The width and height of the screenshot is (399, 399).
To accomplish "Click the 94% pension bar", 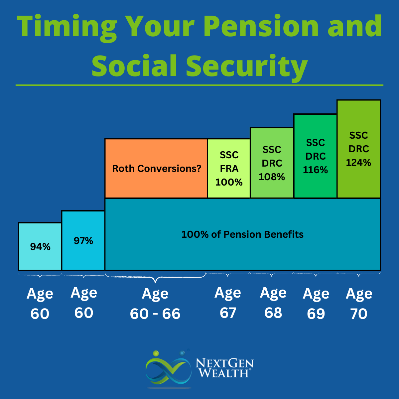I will (x=40, y=246).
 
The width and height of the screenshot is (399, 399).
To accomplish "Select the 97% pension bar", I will (x=83, y=240).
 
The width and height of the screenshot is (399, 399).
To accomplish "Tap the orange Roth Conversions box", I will (x=156, y=168).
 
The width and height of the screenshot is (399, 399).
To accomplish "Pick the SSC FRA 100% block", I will (x=229, y=169).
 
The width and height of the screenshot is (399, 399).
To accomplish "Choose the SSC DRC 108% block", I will (x=272, y=163).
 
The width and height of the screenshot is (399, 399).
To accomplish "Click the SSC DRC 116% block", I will (x=315, y=156).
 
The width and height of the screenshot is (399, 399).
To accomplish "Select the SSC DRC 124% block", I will (x=358, y=149).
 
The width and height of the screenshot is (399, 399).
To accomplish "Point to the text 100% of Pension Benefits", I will (x=242, y=234).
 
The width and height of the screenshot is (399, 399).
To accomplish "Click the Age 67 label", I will (x=228, y=303).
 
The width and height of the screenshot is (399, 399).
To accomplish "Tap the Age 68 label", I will (x=273, y=303).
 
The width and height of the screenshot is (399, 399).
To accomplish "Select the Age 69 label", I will (x=316, y=303).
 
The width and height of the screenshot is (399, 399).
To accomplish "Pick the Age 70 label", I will (x=359, y=303).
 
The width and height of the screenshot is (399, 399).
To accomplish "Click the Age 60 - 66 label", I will (x=155, y=303).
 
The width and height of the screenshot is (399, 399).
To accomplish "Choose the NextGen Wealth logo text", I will (x=224, y=368).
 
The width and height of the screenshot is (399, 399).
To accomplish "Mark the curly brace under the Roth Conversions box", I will (x=155, y=278).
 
